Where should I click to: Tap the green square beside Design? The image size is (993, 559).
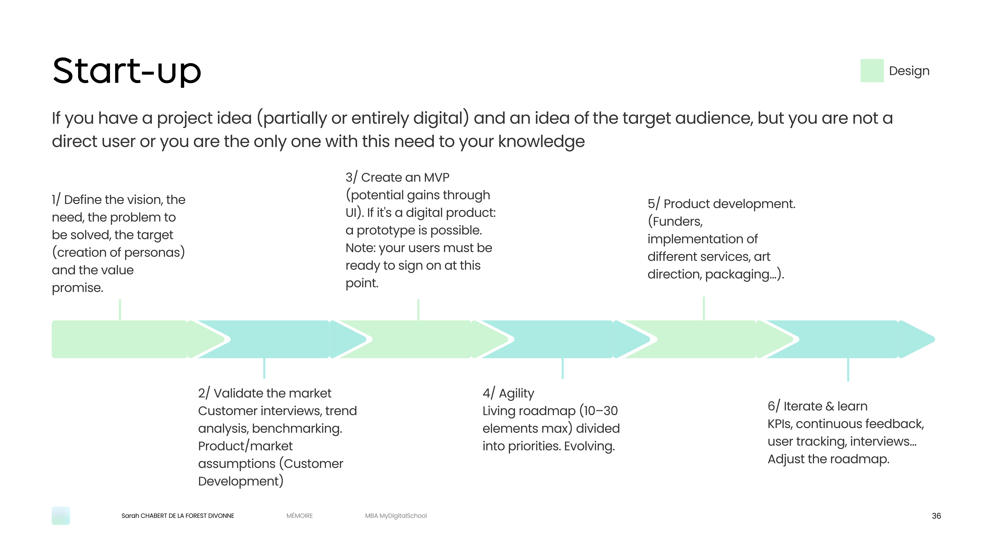click(872, 71)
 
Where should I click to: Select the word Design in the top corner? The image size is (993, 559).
click(909, 71)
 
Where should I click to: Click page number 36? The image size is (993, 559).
click(936, 516)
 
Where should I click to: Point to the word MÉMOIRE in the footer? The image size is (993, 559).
click(300, 516)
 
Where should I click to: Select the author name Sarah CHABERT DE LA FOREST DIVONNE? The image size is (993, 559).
click(178, 516)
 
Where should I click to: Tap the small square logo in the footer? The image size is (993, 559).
click(61, 516)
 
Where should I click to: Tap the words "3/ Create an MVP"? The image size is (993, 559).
click(397, 177)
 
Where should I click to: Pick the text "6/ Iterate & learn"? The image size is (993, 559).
click(817, 406)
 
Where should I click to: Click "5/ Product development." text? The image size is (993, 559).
click(721, 204)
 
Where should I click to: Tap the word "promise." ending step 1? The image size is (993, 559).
click(77, 288)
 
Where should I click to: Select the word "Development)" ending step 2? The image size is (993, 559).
click(241, 481)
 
